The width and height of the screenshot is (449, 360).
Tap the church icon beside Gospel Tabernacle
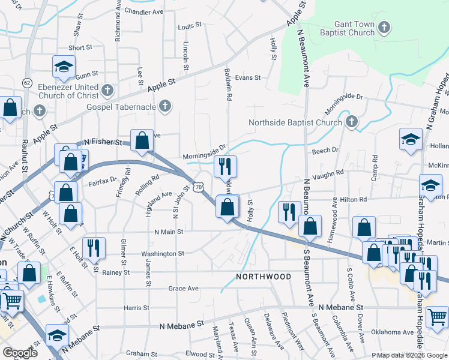[x=165, y=107]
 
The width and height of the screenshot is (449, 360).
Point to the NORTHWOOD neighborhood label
[x=264, y=277]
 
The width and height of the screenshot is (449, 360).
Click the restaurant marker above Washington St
[x=94, y=247]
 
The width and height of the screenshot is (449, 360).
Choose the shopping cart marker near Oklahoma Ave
[x=438, y=316]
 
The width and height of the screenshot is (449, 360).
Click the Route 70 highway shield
[x=197, y=188]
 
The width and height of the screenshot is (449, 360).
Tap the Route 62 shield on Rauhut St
[x=27, y=82]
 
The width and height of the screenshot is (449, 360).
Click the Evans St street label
[x=248, y=77]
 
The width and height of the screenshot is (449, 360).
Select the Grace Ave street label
[x=183, y=289]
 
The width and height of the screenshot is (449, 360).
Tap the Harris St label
[x=136, y=308]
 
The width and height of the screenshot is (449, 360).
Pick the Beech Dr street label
[x=325, y=151]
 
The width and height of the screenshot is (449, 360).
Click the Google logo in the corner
[x=20, y=353]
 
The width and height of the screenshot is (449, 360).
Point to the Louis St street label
[x=189, y=27]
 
